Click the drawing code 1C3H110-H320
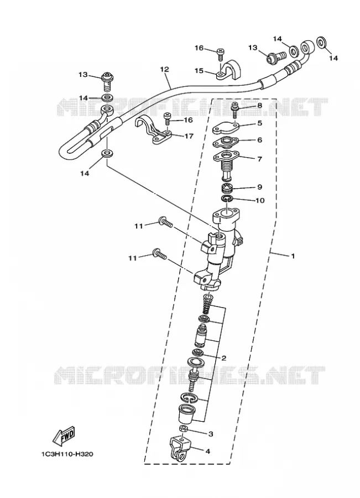(x=67, y=454)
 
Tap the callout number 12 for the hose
(x=165, y=69)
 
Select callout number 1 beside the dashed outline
(x=293, y=256)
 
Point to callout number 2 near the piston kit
(x=223, y=358)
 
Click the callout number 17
(x=189, y=136)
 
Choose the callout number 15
(x=199, y=70)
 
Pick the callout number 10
(x=260, y=200)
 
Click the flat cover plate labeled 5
(x=225, y=128)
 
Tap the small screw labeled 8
(x=234, y=110)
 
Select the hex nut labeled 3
(x=184, y=429)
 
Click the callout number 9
(x=260, y=187)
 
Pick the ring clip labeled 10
(x=227, y=199)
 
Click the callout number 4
(x=208, y=451)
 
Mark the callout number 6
(x=260, y=139)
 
